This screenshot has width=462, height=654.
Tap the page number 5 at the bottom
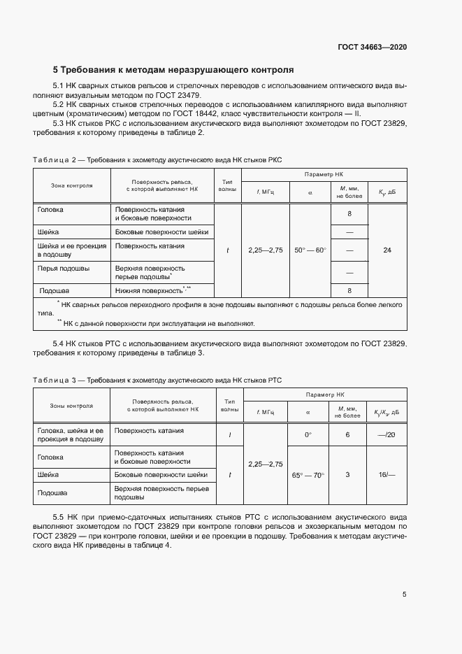(x=405, y=595)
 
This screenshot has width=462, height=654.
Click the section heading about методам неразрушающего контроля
(x=173, y=70)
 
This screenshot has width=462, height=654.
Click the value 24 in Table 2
(x=387, y=250)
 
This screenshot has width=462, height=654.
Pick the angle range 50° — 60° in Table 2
(x=310, y=250)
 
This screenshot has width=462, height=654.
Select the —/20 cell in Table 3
(x=386, y=435)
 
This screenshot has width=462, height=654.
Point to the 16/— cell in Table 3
(x=386, y=475)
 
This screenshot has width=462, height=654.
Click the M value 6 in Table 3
(x=347, y=435)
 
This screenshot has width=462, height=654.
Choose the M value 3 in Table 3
(x=347, y=475)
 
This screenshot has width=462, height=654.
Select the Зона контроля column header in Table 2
(x=71, y=185)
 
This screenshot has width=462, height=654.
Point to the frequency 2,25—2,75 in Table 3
(x=265, y=464)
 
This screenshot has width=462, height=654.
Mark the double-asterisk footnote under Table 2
(x=157, y=323)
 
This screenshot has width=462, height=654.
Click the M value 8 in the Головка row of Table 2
(x=348, y=214)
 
